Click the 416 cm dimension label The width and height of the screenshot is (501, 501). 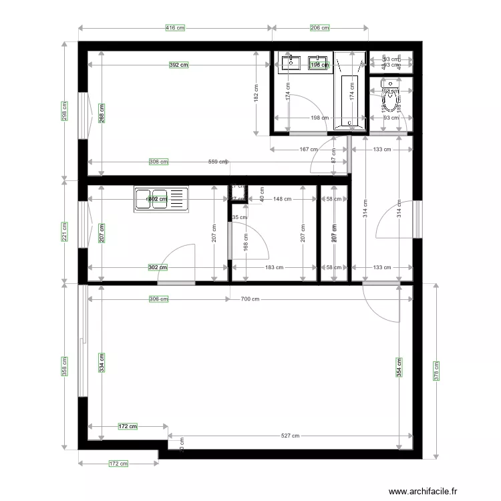click(x=175, y=28)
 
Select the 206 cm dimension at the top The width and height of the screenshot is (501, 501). click(x=320, y=28)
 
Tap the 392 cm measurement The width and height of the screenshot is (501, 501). click(x=178, y=65)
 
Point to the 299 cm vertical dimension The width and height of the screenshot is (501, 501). click(x=65, y=111)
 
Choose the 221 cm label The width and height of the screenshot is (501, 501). click(x=65, y=232)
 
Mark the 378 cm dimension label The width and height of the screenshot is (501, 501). click(x=436, y=371)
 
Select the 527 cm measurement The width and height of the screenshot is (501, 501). click(x=290, y=436)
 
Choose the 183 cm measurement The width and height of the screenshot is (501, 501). click(x=275, y=268)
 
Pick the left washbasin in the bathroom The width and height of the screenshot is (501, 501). click(x=291, y=63)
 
